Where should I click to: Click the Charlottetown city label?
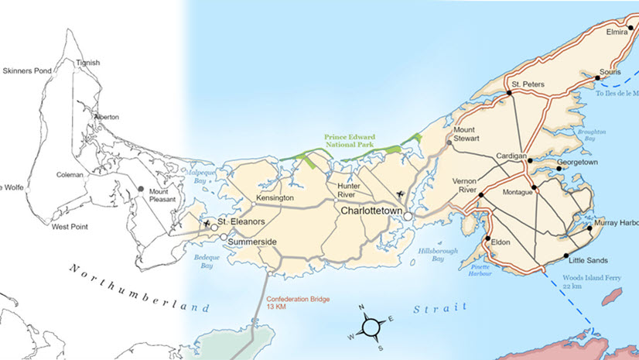pos(374,209)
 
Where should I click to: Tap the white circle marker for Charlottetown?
pos(408,218)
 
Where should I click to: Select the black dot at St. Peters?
pos(510,93)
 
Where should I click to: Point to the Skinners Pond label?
pos(29,70)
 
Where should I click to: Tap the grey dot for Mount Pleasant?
pos(140,189)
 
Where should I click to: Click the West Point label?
pos(68,228)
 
